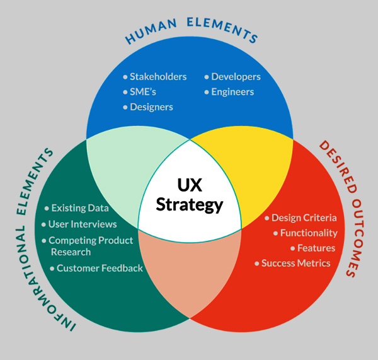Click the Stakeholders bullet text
tap(158, 77)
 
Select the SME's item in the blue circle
tap(143, 92)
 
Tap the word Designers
tap(151, 107)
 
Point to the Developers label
tap(236, 77)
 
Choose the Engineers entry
tap(232, 92)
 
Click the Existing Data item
tap(80, 208)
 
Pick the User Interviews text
tap(83, 224)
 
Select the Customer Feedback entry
tap(100, 269)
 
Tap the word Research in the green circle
tap(71, 252)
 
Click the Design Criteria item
tap(304, 218)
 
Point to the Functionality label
tap(309, 233)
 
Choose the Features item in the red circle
tap(316, 248)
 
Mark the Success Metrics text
tap(296, 264)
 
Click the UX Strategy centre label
tap(190, 195)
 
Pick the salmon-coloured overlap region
tap(190, 272)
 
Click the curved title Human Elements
tap(191, 30)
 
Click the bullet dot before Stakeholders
tap(125, 77)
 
